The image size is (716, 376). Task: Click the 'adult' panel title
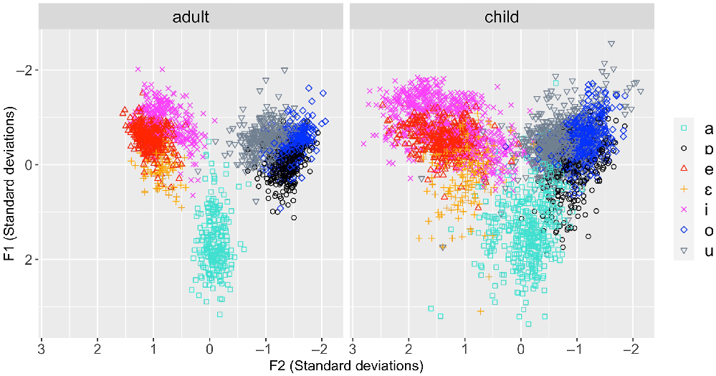click(191, 17)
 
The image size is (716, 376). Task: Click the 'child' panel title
click(502, 17)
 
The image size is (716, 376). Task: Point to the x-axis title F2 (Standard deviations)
click(346, 366)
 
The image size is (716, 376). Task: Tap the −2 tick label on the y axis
click(24, 70)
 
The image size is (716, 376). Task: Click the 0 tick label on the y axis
click(29, 165)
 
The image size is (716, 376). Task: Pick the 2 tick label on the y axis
click(29, 260)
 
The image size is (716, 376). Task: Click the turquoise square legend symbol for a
click(684, 129)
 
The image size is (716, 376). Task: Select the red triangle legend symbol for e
click(684, 170)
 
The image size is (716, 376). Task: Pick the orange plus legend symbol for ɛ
click(684, 190)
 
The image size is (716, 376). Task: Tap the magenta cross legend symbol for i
click(684, 210)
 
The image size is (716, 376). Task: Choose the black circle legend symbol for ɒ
click(684, 149)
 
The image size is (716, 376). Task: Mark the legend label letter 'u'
click(708, 251)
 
